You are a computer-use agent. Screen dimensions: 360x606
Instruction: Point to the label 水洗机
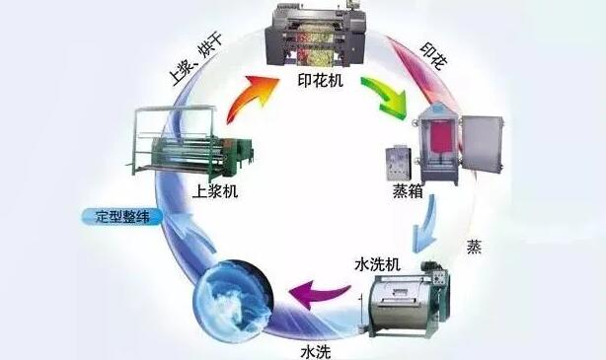click(375, 265)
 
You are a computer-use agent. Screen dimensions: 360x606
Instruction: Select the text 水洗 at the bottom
click(314, 348)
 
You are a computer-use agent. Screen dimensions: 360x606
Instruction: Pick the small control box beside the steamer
click(400, 166)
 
